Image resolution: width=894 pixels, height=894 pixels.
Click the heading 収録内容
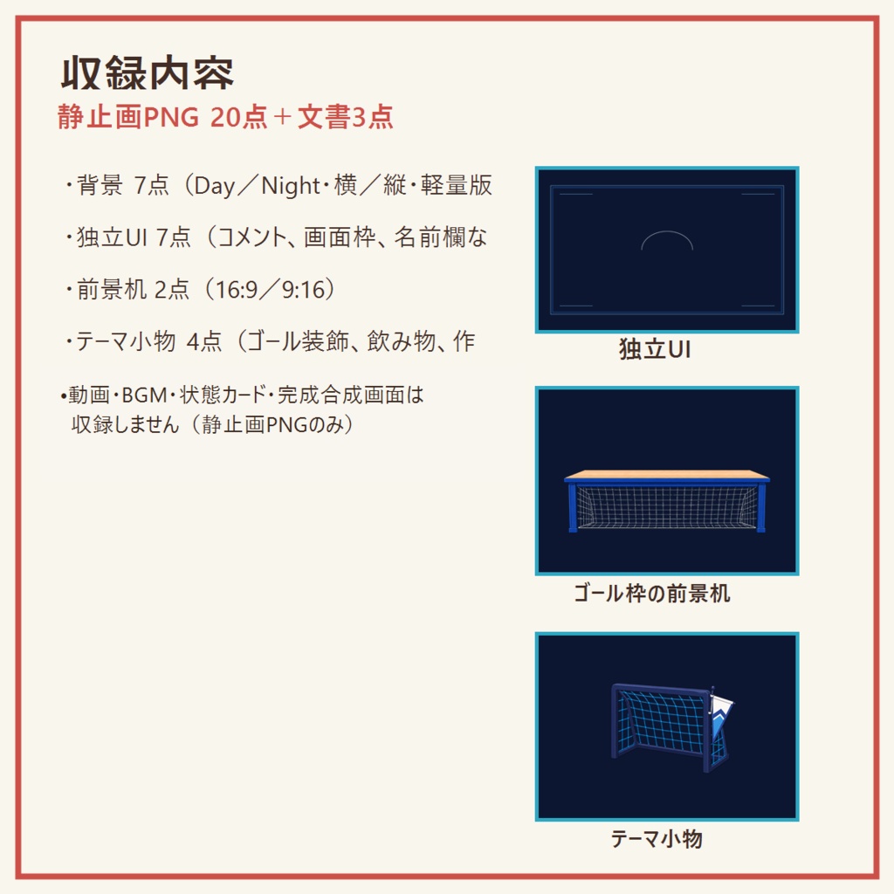tap(147, 73)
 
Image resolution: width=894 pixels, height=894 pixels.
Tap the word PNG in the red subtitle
tap(171, 118)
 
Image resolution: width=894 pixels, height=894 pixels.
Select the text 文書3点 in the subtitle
tap(346, 117)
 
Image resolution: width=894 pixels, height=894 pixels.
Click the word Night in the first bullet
tap(290, 186)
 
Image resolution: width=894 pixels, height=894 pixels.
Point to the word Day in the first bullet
tap(215, 187)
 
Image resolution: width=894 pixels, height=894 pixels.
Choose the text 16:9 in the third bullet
tap(237, 290)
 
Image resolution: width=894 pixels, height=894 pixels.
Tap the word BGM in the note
tap(144, 395)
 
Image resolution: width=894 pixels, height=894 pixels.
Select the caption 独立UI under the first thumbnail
tap(655, 349)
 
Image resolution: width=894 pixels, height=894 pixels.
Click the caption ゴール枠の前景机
tap(651, 594)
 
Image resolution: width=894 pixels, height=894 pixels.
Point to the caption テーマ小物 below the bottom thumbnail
tap(657, 839)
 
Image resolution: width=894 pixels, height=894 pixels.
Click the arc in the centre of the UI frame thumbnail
tap(667, 232)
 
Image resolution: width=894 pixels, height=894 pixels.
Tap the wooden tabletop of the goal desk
tap(667, 475)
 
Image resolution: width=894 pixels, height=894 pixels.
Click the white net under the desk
tap(667, 506)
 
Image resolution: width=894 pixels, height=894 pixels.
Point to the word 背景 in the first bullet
tap(100, 186)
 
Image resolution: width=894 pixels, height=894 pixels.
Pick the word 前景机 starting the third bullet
tap(112, 290)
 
